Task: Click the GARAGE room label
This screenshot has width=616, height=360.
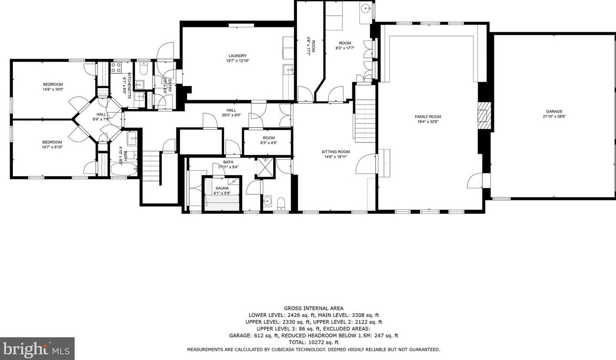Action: pos(554,111)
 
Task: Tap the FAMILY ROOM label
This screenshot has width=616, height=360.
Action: pos(428,116)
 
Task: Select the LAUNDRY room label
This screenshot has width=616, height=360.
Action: pos(238,55)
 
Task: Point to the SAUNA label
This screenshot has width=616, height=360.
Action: pos(222,188)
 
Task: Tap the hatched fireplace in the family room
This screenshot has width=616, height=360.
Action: pos(484,116)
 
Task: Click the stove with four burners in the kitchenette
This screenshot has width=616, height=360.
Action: pos(116,68)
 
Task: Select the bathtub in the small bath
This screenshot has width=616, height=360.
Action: pos(123,169)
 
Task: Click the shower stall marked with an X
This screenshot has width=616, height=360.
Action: pos(265,167)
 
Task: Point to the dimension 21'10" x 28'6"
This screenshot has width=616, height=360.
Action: pos(554,116)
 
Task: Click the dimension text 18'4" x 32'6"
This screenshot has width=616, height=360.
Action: pos(428,121)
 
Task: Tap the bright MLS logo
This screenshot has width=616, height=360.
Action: pos(37,349)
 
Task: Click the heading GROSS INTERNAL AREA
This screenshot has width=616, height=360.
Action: pos(314,308)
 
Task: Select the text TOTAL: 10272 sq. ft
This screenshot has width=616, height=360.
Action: pos(314,342)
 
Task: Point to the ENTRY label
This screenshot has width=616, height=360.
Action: pos(170,86)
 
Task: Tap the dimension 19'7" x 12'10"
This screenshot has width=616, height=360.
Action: pos(238,61)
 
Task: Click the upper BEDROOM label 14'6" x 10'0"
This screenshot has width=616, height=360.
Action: pos(53,84)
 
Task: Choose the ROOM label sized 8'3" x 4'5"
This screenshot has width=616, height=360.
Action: pos(268,138)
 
